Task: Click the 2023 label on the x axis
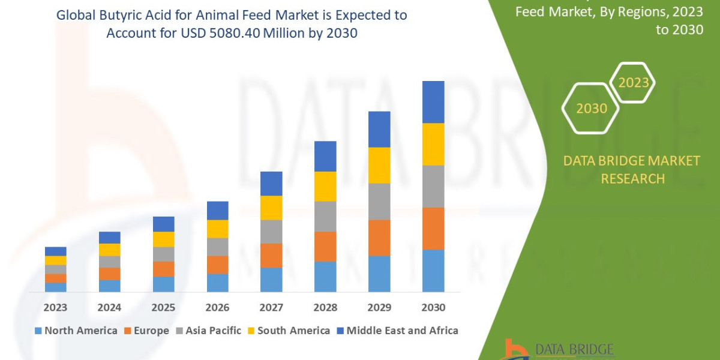pyautogui.click(x=55, y=308)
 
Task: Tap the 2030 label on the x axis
pyautogui.click(x=433, y=308)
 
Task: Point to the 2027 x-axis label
pyautogui.click(x=271, y=308)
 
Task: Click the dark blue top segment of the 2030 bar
pyautogui.click(x=433, y=102)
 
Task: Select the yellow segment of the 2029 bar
pyautogui.click(x=379, y=165)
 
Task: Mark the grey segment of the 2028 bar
pyautogui.click(x=325, y=216)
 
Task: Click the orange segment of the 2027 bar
pyautogui.click(x=271, y=256)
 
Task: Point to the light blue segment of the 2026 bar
pyautogui.click(x=217, y=283)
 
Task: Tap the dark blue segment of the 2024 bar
pyautogui.click(x=109, y=238)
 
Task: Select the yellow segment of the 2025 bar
pyautogui.click(x=163, y=239)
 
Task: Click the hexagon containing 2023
pyautogui.click(x=633, y=83)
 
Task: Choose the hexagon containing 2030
pyautogui.click(x=590, y=109)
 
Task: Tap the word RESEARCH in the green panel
pyautogui.click(x=632, y=179)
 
